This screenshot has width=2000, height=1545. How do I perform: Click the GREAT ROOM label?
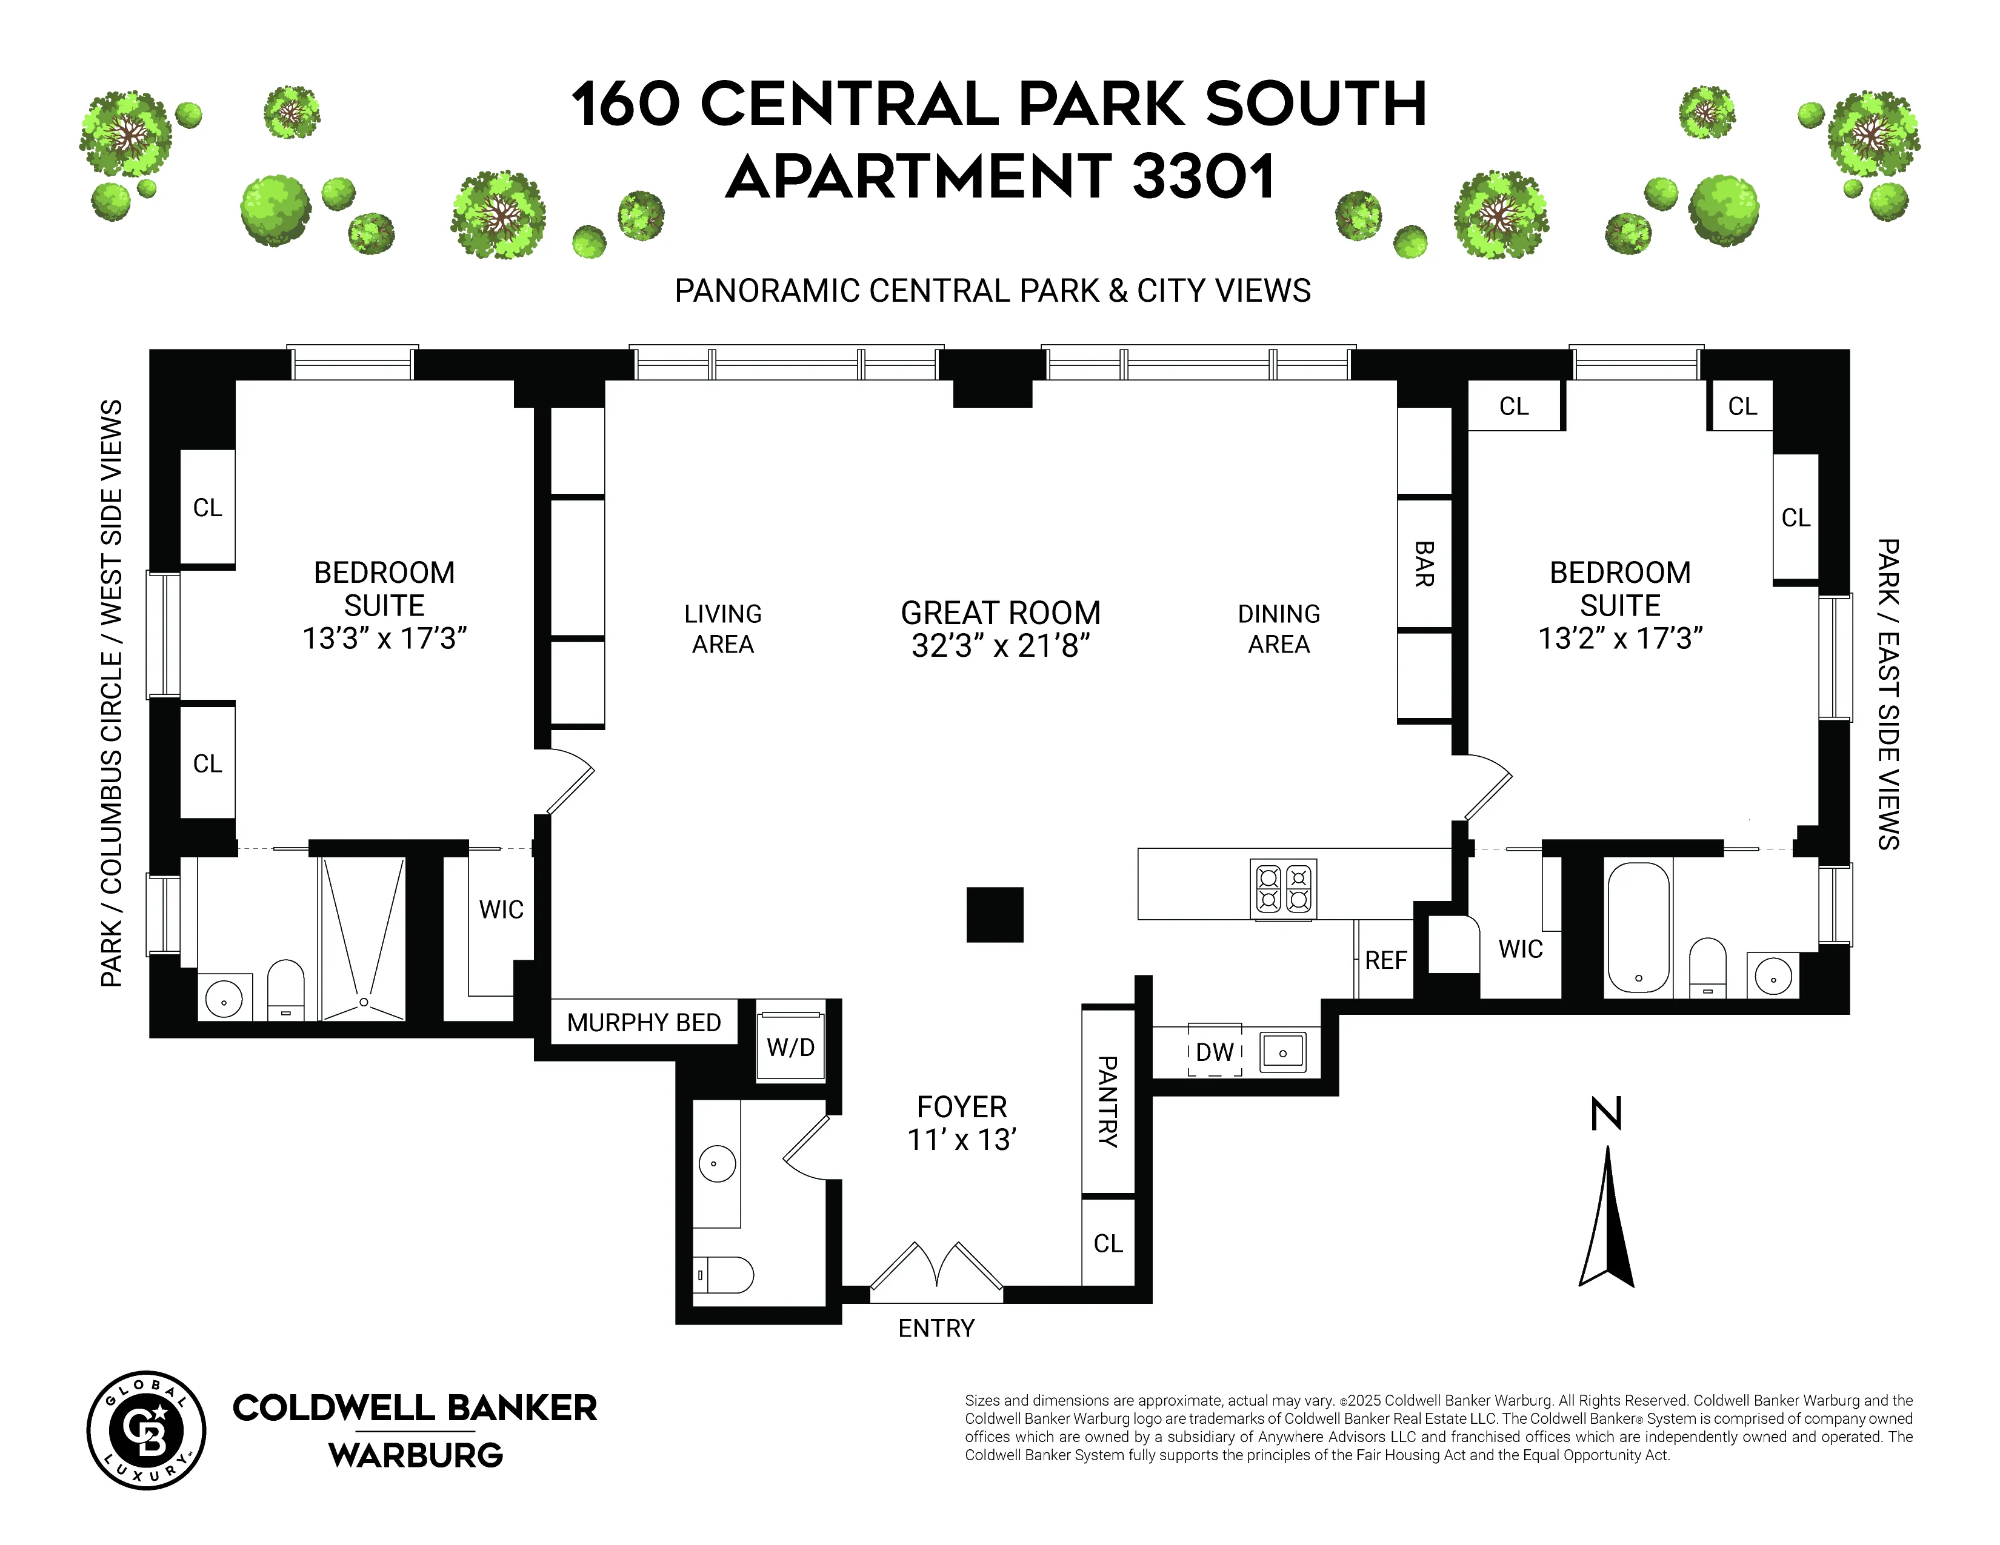click(x=1000, y=613)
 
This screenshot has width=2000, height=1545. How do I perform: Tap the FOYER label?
click(x=962, y=1106)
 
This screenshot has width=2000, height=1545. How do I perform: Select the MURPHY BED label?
click(x=644, y=1022)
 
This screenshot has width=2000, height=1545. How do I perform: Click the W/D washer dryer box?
click(x=790, y=1047)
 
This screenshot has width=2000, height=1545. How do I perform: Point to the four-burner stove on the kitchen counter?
click(x=1284, y=889)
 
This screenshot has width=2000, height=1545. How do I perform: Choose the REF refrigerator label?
click(x=1385, y=960)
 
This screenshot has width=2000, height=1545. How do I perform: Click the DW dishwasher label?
click(x=1215, y=1052)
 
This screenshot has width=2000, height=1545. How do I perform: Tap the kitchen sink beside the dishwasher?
click(x=1283, y=1052)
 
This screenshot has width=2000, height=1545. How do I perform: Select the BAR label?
click(x=1424, y=564)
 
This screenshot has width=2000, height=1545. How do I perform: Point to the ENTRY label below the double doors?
click(x=936, y=1328)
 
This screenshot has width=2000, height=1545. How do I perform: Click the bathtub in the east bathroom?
click(x=1638, y=926)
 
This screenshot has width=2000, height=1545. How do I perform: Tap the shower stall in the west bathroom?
click(x=364, y=938)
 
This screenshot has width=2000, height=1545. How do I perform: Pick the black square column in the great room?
click(x=995, y=914)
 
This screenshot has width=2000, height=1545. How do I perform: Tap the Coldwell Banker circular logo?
click(x=147, y=1430)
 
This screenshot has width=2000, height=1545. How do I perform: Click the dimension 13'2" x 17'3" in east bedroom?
click(x=1620, y=638)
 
